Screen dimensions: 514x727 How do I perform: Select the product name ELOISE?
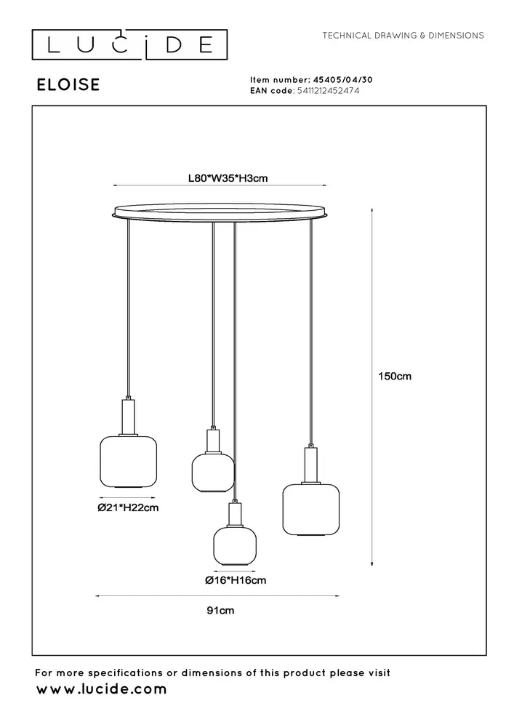68,85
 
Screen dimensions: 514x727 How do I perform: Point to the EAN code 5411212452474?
327,91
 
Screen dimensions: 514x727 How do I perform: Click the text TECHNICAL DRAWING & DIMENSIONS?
403,35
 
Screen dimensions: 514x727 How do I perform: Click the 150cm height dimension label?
395,377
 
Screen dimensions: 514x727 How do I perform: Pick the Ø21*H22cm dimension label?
128,508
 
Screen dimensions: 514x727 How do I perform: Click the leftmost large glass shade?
128,462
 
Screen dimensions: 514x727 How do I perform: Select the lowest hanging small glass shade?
234,546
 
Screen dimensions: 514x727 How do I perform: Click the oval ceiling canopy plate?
220,213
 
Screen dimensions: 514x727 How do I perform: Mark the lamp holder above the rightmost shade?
310,465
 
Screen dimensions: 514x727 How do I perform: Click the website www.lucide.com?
101,688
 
